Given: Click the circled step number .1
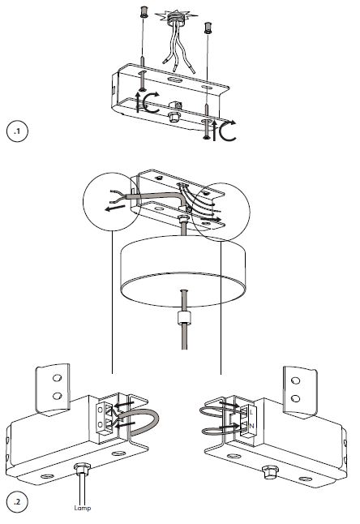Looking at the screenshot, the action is (x=17, y=131).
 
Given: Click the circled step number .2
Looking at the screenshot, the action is (x=17, y=501).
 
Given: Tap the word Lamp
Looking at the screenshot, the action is (x=83, y=509).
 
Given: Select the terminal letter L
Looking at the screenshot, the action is (x=251, y=412).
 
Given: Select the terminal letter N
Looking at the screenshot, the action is (x=252, y=426).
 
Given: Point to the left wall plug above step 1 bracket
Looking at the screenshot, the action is (x=144, y=12).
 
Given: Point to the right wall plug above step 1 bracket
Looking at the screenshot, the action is (x=208, y=28).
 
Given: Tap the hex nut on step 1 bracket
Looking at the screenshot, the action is (x=173, y=117).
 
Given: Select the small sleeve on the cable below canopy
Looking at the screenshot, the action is (x=184, y=317).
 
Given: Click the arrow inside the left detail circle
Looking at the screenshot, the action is (x=114, y=208).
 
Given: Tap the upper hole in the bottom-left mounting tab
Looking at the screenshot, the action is (x=57, y=378).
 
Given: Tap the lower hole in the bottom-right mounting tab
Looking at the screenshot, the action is (x=296, y=398).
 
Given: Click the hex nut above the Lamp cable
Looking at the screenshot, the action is (x=82, y=469).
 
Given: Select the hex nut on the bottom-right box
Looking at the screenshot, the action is (x=270, y=472).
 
